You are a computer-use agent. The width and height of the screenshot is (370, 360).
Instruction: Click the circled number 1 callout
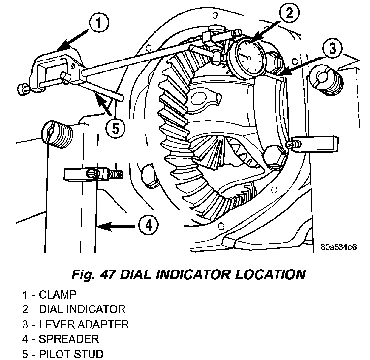pos(99,23)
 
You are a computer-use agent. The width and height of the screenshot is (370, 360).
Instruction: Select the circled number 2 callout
pos(289,12)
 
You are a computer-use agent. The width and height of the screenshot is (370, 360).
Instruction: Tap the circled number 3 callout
pos(332,48)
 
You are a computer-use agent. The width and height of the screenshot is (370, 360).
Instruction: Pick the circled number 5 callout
pos(116,129)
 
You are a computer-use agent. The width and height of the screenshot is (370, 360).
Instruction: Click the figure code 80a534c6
pos(339,247)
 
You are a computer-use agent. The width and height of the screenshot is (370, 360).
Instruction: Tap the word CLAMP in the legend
pos(58,295)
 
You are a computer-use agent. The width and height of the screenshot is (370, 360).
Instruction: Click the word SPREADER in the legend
pos(69,339)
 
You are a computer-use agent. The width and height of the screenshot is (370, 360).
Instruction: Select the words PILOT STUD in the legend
pos(71,354)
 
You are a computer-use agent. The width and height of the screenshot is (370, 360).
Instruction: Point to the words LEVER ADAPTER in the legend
pos(84,324)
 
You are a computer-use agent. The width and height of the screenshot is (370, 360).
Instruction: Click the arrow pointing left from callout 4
pos(116,227)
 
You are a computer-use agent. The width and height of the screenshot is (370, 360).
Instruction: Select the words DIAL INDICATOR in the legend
pos(82,309)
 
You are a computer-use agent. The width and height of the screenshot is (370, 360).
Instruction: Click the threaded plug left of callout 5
pos(57,134)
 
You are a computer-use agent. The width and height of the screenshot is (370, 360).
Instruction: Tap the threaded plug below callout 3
pos(326,81)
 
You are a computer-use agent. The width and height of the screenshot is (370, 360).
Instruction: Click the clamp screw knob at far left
pos(22,89)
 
